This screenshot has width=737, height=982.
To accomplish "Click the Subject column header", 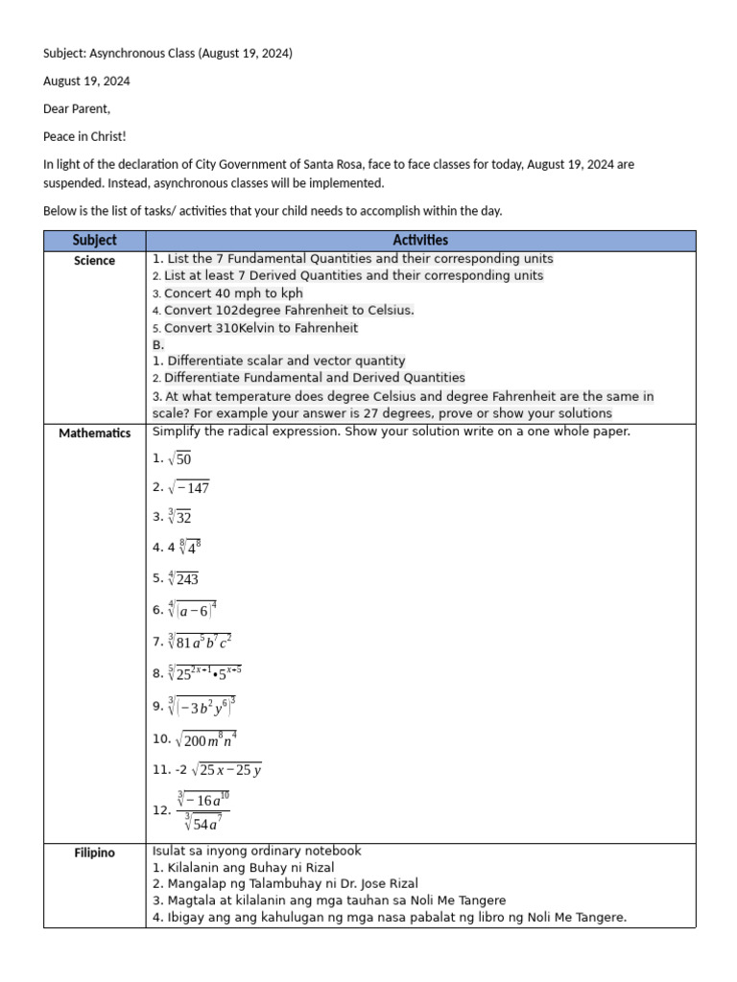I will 94,241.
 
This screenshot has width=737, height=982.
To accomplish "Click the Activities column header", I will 420,241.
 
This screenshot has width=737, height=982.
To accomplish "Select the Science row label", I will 94,261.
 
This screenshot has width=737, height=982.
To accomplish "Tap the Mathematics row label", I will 94,433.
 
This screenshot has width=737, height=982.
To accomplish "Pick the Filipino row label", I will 94,853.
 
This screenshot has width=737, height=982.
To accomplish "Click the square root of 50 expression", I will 179,459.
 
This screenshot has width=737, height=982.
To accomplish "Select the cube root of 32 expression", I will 179,517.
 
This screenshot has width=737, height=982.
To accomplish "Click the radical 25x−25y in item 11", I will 227,770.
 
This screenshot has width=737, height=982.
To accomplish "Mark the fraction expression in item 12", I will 202,810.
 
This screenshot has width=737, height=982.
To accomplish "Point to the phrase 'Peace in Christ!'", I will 84,137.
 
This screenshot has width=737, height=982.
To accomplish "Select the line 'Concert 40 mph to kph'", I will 233,293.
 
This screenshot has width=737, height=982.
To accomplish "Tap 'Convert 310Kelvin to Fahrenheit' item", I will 261,328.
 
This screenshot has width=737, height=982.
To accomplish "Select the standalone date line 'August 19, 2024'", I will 86,82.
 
